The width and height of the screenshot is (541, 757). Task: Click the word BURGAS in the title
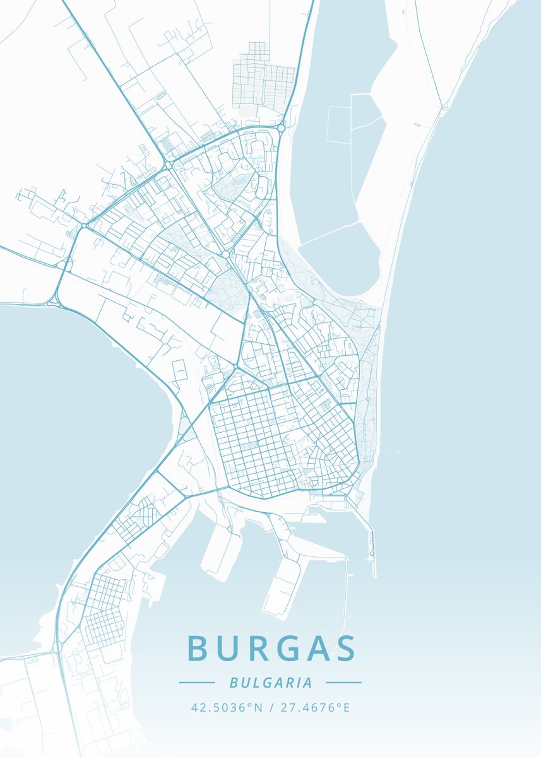click(271, 648)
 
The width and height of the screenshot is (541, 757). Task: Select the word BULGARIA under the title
click(271, 683)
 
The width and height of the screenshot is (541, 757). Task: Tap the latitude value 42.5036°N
click(227, 707)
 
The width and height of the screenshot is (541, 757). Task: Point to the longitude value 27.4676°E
click(314, 707)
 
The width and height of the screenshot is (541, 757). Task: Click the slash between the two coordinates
click(270, 707)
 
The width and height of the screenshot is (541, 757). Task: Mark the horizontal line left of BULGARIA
click(197, 683)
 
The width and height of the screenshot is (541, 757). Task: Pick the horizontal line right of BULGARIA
click(343, 683)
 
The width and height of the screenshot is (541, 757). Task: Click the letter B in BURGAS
click(198, 648)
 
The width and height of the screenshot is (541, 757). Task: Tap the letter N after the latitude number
click(258, 707)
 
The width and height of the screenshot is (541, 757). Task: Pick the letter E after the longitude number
click(346, 707)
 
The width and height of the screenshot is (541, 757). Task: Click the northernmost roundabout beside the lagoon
click(280, 128)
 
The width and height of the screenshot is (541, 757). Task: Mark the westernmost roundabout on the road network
click(84, 226)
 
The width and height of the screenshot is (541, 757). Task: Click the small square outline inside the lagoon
click(338, 124)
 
